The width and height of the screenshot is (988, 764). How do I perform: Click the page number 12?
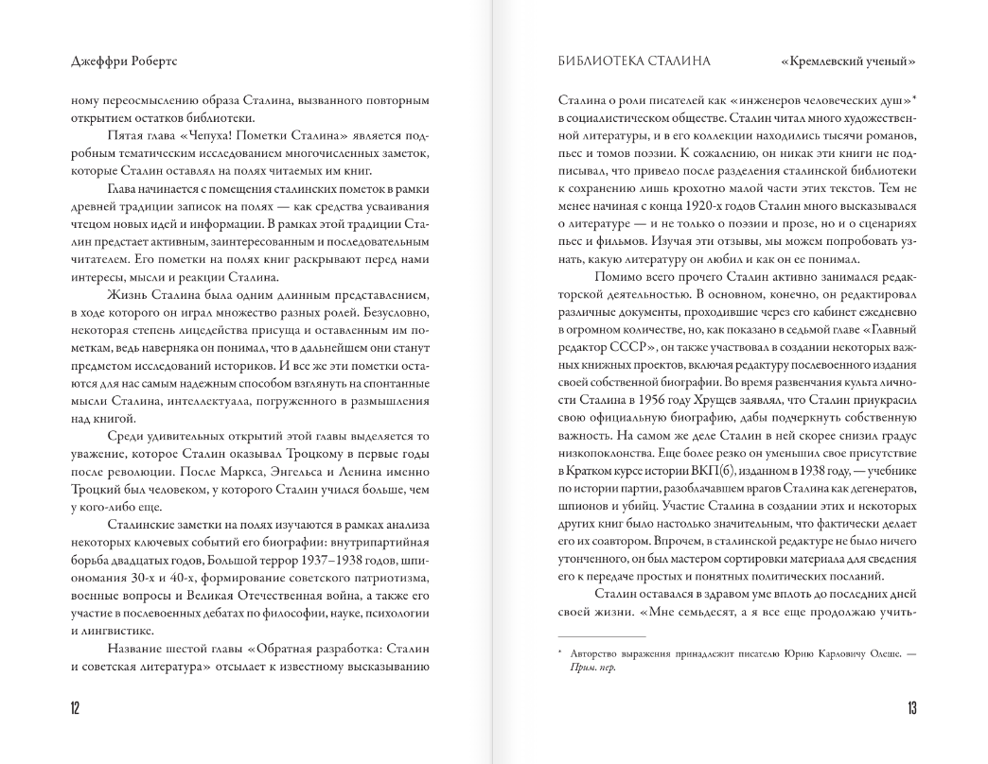click(75, 708)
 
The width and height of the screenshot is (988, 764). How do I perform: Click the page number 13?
click(911, 708)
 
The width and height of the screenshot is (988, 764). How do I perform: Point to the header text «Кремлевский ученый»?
click(849, 62)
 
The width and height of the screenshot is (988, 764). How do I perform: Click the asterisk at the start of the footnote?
click(560, 651)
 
